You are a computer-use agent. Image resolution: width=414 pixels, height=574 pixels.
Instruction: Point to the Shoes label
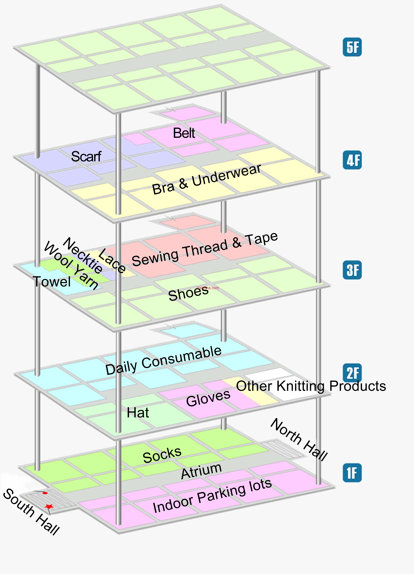[x=188, y=294]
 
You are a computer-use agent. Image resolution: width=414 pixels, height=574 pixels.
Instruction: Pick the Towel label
[x=52, y=282]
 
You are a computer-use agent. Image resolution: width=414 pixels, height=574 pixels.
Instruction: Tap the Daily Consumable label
[x=164, y=360]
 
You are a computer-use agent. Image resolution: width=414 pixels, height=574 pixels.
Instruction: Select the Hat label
[x=138, y=412]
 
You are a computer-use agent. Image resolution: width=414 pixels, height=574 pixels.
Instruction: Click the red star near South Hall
[x=49, y=506]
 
